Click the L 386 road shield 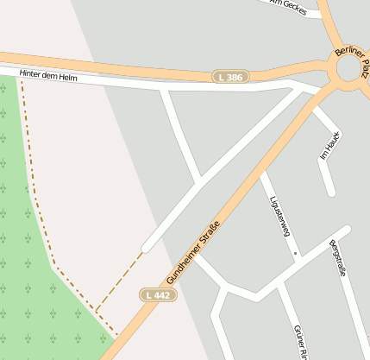230,77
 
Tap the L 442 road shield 158,295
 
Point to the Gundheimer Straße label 194,253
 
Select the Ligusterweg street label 278,215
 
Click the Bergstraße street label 337,258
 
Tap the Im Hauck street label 330,145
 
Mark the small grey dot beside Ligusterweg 295,253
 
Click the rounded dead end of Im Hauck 329,191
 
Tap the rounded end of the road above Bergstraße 347,230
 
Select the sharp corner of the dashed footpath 96,309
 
